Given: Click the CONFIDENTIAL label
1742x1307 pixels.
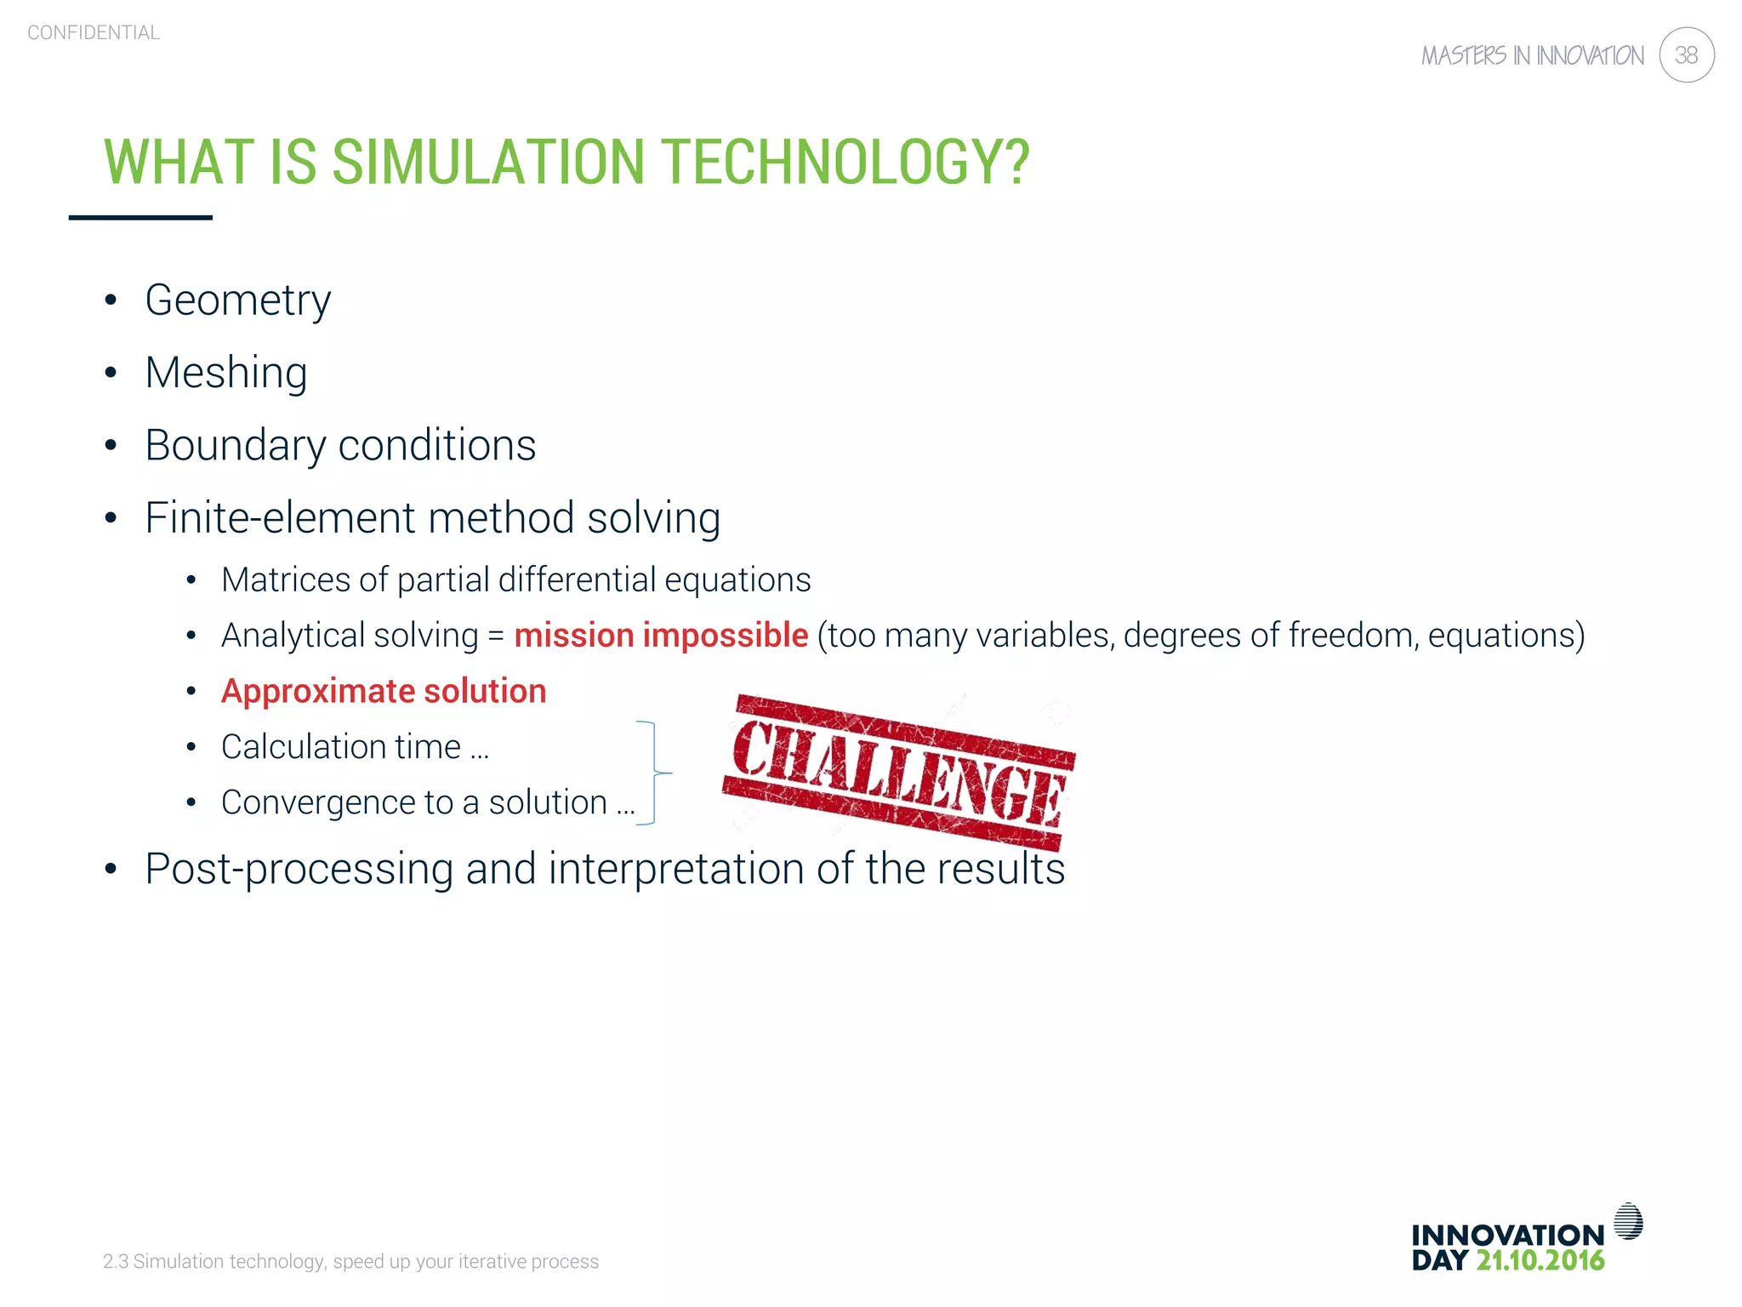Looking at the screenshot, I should click(x=94, y=33).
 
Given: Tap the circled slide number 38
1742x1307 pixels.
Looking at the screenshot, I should click(x=1686, y=55).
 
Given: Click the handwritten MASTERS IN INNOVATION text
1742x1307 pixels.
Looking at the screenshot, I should click(x=1533, y=56).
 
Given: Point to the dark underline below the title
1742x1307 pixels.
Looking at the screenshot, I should click(x=140, y=218).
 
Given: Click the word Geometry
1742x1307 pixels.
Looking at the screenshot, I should click(x=238, y=300).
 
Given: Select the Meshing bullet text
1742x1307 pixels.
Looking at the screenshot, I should click(x=226, y=373).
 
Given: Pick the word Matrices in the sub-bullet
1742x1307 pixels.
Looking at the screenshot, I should click(x=285, y=580).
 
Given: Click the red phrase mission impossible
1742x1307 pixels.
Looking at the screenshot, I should click(x=661, y=636).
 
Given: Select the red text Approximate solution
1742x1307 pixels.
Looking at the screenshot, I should click(x=384, y=691).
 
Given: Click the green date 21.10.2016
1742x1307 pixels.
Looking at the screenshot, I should click(x=1540, y=1261).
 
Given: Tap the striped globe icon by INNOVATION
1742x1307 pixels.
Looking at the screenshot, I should click(x=1628, y=1221).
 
